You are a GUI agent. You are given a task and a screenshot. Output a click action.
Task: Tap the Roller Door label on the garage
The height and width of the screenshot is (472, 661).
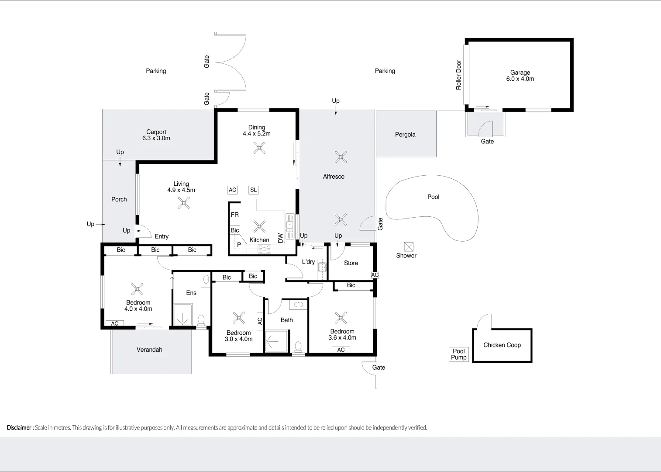(458, 75)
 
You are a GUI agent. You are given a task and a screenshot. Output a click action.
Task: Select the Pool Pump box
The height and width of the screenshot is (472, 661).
(458, 354)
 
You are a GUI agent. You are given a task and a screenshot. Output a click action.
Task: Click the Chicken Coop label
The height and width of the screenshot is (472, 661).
(502, 345)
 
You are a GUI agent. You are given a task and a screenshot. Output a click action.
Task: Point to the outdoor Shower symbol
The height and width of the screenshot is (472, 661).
(409, 246)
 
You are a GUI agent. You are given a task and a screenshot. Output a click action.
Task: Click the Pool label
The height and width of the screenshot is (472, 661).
(433, 197)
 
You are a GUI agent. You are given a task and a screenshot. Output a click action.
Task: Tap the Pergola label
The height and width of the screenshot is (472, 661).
(405, 135)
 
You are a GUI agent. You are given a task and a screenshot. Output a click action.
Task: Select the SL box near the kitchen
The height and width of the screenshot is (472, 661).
(253, 190)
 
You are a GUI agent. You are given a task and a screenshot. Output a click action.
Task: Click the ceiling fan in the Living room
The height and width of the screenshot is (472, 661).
(184, 202)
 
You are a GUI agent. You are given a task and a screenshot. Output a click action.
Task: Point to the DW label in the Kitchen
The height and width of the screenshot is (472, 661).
(280, 238)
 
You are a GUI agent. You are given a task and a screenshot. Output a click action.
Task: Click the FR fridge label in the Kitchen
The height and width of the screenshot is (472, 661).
(235, 215)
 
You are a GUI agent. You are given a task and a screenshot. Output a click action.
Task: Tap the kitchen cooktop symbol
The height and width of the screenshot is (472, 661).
(265, 249)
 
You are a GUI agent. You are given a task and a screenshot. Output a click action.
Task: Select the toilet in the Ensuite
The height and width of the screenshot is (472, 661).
(201, 320)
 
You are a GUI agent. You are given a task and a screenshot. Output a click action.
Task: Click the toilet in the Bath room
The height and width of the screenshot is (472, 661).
(298, 347)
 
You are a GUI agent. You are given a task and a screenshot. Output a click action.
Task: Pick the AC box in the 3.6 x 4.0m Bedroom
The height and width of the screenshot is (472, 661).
(341, 350)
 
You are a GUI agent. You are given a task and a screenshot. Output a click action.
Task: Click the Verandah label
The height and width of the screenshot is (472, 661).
(149, 350)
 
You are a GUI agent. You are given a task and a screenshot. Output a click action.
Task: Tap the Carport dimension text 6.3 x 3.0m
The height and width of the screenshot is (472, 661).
(156, 138)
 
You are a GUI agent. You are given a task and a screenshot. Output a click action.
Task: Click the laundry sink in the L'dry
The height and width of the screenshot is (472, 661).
(322, 267)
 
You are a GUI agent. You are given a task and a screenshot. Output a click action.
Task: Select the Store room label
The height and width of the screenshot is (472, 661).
(351, 263)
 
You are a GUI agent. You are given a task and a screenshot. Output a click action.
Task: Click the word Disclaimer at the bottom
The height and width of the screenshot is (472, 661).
(19, 427)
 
